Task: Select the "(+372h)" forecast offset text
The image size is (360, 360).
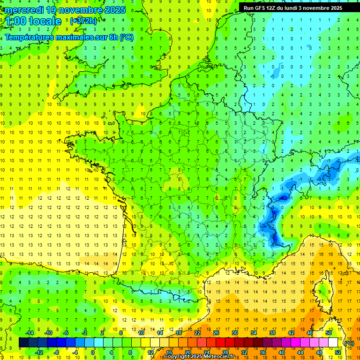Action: point(83,21)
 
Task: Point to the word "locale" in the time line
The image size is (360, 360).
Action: point(45,21)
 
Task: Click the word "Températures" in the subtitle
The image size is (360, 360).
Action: point(29,37)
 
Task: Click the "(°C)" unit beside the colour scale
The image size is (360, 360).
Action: point(349,343)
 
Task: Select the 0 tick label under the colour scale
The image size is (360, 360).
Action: point(93,352)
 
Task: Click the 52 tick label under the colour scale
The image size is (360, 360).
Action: point(337,352)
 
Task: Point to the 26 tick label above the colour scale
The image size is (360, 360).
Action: point(216,333)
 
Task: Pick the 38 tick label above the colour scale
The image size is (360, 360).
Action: point(272,333)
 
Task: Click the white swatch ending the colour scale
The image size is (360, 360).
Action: point(333,343)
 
